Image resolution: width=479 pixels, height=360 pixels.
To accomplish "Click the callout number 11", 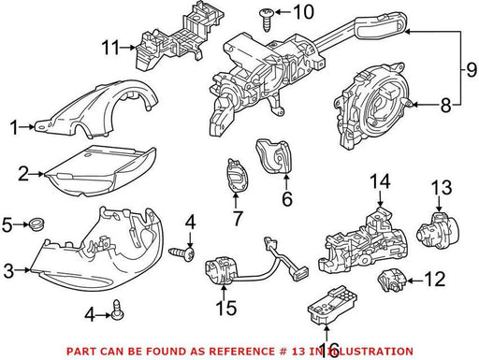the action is pyautogui.click(x=110, y=48).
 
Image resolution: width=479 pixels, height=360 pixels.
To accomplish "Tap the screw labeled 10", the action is pyautogui.click(x=267, y=20).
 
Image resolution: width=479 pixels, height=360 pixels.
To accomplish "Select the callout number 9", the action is pyautogui.click(x=472, y=70).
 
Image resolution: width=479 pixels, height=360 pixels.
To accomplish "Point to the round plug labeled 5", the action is pyautogui.click(x=36, y=224).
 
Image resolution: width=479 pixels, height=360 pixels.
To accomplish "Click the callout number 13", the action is pyautogui.click(x=442, y=187).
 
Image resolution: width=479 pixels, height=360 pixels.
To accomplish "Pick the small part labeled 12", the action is pyautogui.click(x=392, y=281).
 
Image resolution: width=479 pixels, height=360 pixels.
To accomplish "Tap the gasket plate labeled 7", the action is pyautogui.click(x=238, y=176).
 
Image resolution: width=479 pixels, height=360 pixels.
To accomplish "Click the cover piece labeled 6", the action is pyautogui.click(x=273, y=155).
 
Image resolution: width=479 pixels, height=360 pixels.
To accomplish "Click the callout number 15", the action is pyautogui.click(x=226, y=308).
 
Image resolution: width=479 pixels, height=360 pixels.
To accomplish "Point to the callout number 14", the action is pyautogui.click(x=380, y=181).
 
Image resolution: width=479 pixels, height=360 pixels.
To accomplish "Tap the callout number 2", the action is pyautogui.click(x=23, y=174).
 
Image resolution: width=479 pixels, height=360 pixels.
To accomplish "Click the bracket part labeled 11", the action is pyautogui.click(x=180, y=36).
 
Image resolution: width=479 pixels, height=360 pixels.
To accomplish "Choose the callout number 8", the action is pyautogui.click(x=445, y=105).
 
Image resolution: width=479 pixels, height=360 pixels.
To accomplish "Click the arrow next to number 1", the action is pyautogui.click(x=27, y=127).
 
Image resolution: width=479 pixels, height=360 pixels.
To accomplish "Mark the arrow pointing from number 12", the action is pyautogui.click(x=415, y=281).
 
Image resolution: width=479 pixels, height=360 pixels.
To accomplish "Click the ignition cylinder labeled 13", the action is pyautogui.click(x=439, y=230).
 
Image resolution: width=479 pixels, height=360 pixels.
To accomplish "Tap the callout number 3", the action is pyautogui.click(x=8, y=271).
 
